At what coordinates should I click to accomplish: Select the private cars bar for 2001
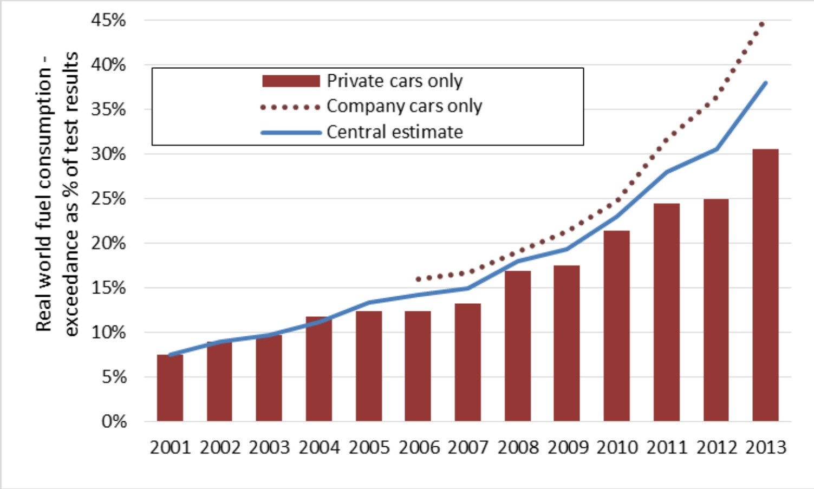[170, 388]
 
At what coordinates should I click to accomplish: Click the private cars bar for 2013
[765, 285]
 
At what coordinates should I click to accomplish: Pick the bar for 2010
[616, 325]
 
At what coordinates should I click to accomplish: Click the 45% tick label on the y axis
[108, 21]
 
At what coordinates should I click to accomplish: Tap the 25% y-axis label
[108, 199]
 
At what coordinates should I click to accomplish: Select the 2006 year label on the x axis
[419, 448]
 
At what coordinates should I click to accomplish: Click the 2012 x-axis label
[716, 448]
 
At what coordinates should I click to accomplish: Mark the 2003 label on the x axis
[269, 448]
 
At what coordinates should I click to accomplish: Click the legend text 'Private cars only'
[394, 81]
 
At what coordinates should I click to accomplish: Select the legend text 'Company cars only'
[404, 106]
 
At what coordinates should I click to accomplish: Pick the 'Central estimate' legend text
[394, 132]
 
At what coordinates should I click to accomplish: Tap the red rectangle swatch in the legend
[291, 81]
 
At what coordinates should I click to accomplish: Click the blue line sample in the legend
[291, 133]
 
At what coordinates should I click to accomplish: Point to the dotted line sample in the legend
[291, 107]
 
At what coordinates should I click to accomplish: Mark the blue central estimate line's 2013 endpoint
[765, 83]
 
